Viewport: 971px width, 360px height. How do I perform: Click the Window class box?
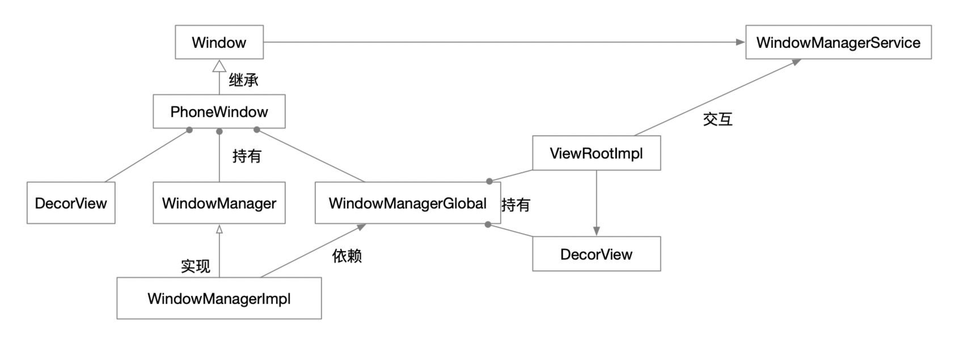[x=219, y=42]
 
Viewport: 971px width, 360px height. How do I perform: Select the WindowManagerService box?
[x=838, y=42]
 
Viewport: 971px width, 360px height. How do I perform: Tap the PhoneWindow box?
[x=219, y=111]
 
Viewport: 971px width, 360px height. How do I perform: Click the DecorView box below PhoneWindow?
[x=71, y=203]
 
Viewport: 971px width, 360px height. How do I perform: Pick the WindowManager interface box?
[x=219, y=203]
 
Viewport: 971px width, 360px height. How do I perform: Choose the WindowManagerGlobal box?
[x=407, y=203]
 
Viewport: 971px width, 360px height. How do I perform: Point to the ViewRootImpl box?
[x=596, y=153]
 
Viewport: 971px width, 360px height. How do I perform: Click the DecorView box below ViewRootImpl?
[x=596, y=254]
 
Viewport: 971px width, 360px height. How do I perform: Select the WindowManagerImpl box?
[x=219, y=298]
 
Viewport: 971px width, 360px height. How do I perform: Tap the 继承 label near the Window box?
[x=243, y=80]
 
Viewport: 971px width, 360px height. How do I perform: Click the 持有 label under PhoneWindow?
[x=246, y=156]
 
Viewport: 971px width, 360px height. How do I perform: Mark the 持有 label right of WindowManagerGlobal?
[x=516, y=204]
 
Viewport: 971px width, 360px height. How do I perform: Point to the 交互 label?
[x=717, y=119]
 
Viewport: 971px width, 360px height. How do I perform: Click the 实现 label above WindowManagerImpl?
[x=195, y=266]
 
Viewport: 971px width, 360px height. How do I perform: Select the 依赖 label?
[x=347, y=256]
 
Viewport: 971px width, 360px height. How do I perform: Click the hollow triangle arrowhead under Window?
[x=219, y=66]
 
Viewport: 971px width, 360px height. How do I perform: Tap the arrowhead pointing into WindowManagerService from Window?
[x=740, y=42]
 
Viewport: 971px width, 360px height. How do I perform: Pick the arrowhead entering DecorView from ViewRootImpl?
[x=596, y=231]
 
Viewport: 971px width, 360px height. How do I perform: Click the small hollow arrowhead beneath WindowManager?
[x=219, y=229]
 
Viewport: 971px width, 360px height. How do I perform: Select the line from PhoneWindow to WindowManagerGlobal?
[x=311, y=156]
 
